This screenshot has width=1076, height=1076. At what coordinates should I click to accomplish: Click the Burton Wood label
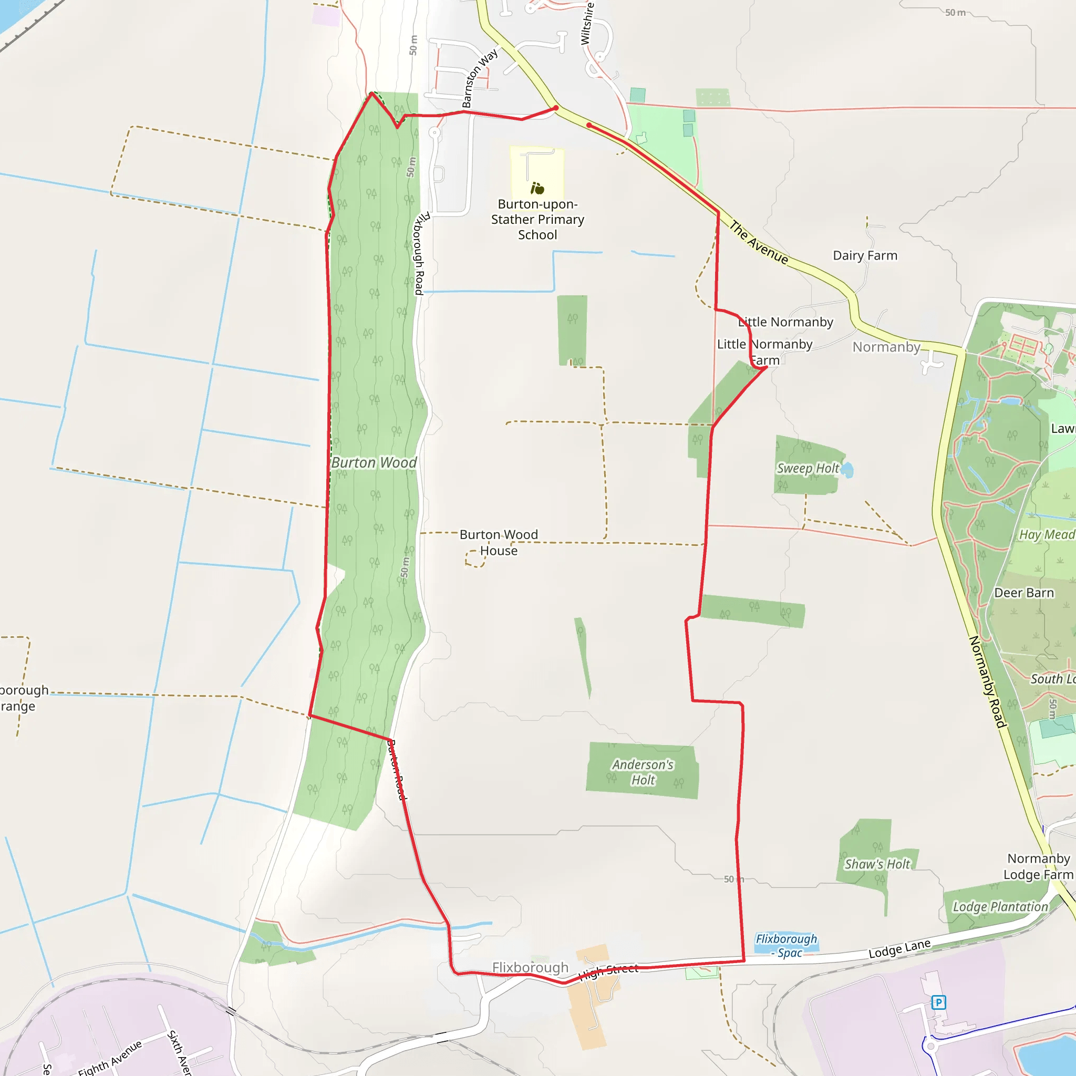point(374,463)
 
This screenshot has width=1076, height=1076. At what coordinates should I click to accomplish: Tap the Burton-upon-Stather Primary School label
point(537,220)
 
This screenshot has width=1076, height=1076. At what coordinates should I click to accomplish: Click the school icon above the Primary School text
point(537,188)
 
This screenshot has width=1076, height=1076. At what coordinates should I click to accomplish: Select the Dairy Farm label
point(865,256)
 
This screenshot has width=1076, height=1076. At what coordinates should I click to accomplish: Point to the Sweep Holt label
point(808,468)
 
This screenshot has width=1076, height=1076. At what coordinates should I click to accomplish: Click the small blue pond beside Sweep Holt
point(846,470)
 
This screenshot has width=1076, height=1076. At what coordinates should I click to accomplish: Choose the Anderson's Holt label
point(643,772)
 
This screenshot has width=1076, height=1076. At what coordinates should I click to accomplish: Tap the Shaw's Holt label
point(877,864)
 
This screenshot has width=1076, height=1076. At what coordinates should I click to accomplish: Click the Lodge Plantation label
point(1000,907)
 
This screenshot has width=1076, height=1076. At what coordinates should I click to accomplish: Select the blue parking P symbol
point(938,1002)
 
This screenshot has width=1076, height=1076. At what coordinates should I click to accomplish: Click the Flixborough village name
point(530,967)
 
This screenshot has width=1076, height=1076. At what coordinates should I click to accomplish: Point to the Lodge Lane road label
point(899,948)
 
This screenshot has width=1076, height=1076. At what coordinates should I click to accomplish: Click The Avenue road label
point(759,243)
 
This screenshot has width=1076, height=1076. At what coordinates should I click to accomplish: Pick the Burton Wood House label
point(499,542)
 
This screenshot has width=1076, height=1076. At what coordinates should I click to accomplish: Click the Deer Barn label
point(1023,593)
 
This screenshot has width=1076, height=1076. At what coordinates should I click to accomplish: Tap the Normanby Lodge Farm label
point(1038,866)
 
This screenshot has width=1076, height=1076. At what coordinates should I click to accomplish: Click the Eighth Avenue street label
point(110,1057)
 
